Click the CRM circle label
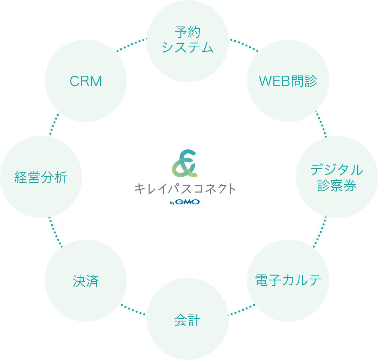(86, 81)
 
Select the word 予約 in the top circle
(188, 33)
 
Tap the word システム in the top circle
(188, 47)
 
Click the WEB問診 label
(288, 81)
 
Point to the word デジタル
(337, 170)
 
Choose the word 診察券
(337, 185)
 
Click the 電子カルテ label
(288, 280)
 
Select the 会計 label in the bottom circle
(188, 320)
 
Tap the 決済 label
(86, 281)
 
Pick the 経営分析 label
(41, 177)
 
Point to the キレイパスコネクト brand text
(185, 189)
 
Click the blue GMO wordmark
(187, 202)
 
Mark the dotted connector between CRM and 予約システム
(131, 45)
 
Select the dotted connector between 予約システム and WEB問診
(244, 45)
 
